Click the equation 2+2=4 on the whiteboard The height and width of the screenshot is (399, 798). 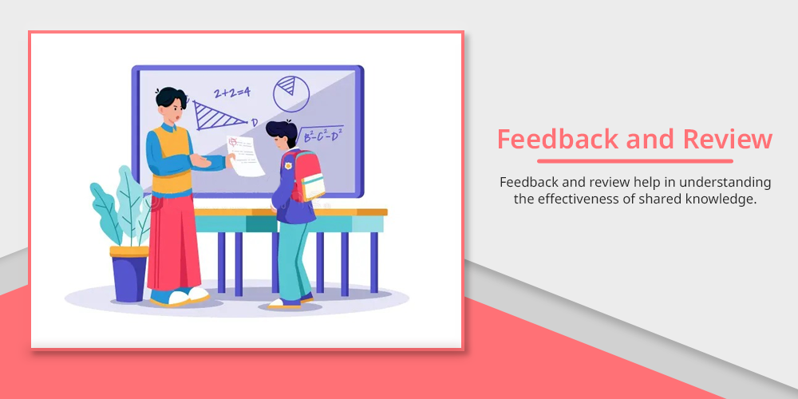[231, 93]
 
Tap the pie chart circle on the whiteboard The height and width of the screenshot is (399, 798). [291, 93]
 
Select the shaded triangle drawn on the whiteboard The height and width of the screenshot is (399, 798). [219, 116]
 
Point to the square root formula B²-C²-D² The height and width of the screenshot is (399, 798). [319, 135]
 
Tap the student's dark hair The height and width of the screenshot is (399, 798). [282, 131]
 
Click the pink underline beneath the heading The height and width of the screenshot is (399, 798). [635, 161]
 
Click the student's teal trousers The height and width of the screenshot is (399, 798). [294, 260]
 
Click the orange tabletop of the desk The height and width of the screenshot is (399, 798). [290, 212]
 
